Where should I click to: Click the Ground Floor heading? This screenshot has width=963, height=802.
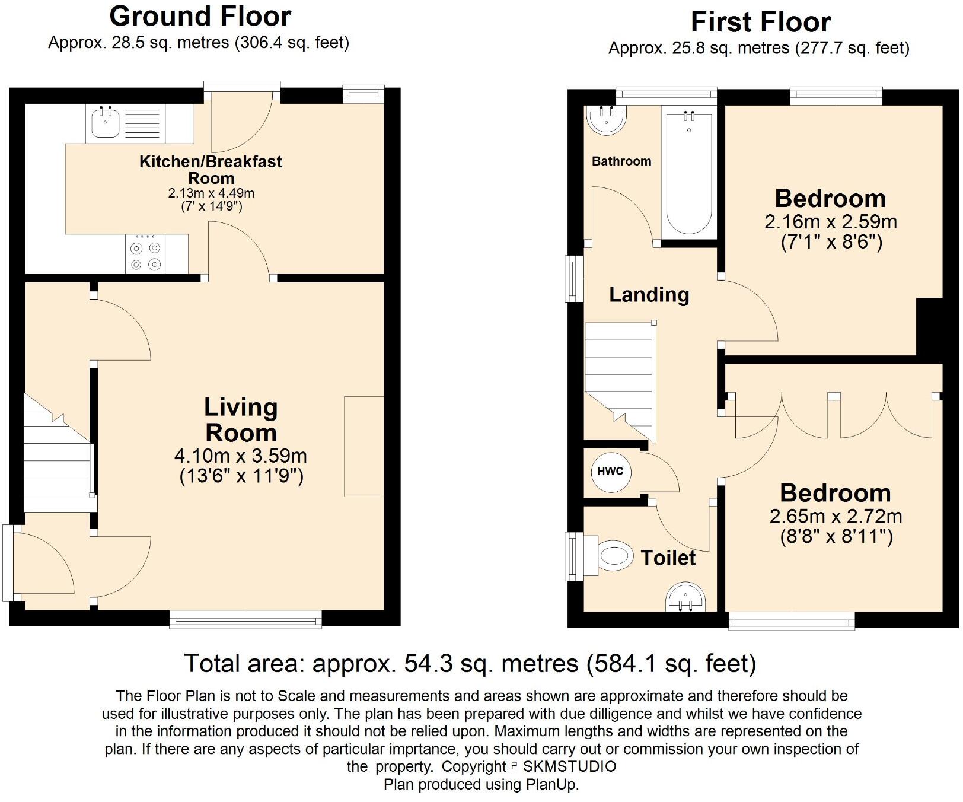(200, 16)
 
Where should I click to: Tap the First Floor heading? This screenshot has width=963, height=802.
(761, 22)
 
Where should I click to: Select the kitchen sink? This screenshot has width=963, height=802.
(106, 122)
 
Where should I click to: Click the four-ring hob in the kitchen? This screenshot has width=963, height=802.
(146, 255)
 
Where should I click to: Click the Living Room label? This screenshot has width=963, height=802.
(241, 420)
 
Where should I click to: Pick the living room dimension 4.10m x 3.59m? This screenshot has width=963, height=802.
(241, 456)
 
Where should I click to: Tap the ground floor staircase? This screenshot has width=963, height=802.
(58, 454)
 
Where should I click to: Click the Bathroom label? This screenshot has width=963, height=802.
(621, 161)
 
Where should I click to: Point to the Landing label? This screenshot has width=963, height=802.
(649, 294)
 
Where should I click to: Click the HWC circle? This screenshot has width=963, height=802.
(610, 472)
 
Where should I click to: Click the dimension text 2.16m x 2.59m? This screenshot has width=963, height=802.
(831, 222)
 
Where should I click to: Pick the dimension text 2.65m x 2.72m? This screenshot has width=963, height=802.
(836, 516)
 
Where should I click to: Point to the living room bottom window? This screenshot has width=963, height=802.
(245, 619)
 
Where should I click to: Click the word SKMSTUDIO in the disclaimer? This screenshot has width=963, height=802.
(569, 766)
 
